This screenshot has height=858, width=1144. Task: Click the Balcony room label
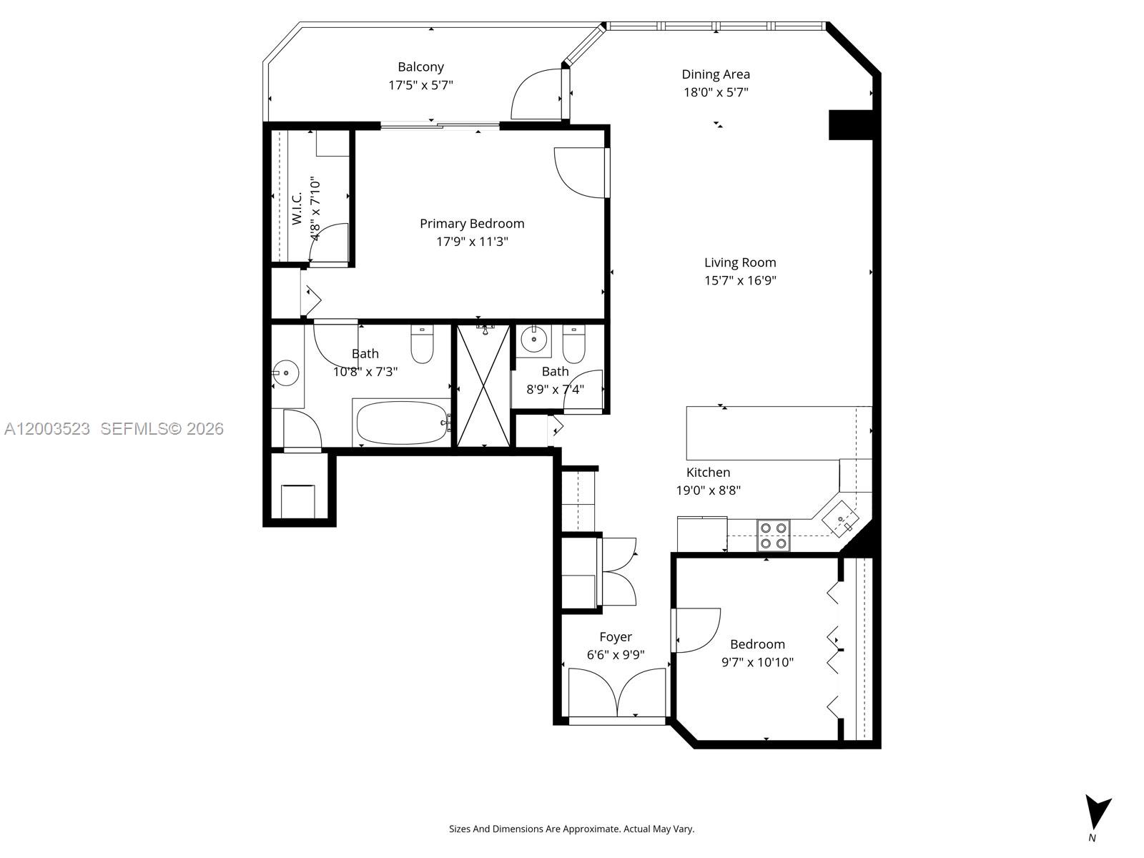(420, 67)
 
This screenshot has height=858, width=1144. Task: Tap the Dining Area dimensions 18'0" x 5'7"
(715, 92)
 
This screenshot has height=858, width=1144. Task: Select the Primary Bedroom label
(472, 224)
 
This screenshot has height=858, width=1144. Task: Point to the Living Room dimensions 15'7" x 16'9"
(740, 280)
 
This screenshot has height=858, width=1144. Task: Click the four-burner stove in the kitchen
(774, 535)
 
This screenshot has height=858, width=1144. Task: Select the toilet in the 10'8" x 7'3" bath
(422, 345)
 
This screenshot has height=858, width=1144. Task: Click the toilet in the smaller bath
(573, 345)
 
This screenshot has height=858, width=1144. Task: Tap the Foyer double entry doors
(617, 692)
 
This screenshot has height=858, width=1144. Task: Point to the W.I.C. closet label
(297, 207)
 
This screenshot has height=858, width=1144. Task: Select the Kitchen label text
(708, 473)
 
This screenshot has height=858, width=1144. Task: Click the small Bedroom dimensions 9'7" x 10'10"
(757, 662)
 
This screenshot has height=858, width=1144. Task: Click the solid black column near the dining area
(851, 124)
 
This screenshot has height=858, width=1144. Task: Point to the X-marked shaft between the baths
(484, 385)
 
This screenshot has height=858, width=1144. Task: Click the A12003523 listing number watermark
(47, 429)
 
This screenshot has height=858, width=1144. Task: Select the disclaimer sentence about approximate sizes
(571, 829)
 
